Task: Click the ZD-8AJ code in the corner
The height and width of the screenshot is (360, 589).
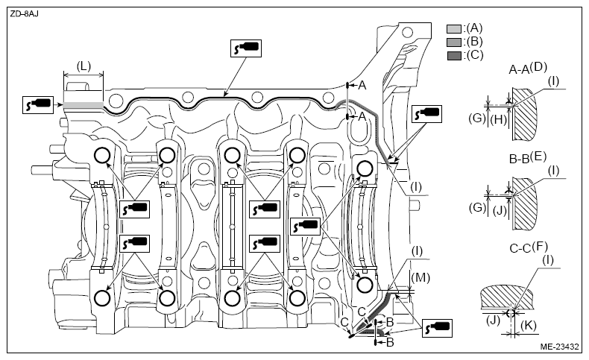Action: (24, 14)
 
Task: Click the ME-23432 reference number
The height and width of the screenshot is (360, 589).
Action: (559, 347)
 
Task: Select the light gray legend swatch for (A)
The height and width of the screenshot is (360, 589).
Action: (454, 29)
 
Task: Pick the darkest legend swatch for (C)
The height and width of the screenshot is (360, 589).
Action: (454, 56)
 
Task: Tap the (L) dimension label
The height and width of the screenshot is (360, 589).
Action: (84, 66)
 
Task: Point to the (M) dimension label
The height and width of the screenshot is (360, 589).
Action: (420, 278)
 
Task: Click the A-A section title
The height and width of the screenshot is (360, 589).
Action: (519, 69)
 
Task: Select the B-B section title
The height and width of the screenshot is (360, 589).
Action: (519, 159)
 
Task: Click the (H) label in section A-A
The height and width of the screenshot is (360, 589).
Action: (499, 119)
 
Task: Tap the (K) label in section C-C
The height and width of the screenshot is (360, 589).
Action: (529, 325)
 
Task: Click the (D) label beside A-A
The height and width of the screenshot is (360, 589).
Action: (538, 67)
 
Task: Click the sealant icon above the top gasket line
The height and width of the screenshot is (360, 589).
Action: (246, 48)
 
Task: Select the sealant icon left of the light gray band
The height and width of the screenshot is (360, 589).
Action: (37, 105)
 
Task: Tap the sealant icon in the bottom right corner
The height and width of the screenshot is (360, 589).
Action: (437, 328)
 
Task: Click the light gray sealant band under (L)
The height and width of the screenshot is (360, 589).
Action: (83, 106)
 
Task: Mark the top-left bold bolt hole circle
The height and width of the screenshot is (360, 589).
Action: (102, 155)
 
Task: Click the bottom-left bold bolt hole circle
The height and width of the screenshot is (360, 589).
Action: (102, 298)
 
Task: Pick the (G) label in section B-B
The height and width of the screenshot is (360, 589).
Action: (477, 207)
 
